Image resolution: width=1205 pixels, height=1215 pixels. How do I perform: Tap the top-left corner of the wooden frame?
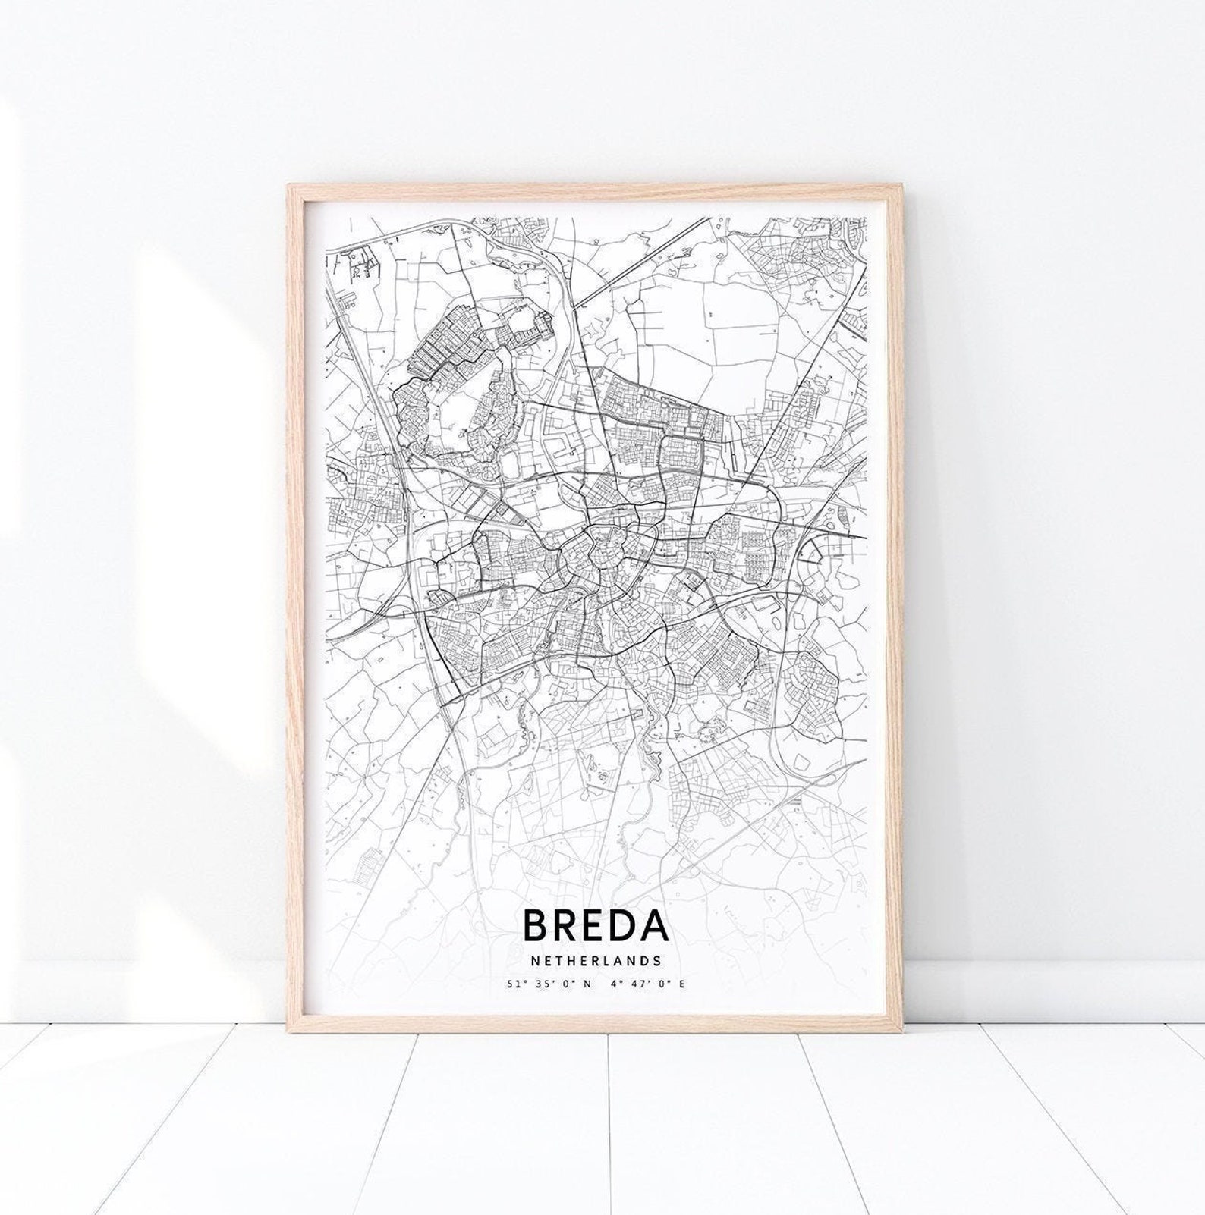pos(289,184)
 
